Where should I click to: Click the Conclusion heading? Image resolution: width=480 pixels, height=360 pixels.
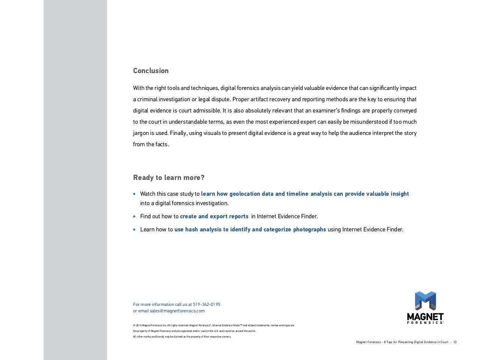(151, 71)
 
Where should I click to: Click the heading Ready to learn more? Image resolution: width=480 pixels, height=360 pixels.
(169, 178)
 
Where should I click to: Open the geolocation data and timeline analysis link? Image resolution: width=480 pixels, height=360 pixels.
(304, 194)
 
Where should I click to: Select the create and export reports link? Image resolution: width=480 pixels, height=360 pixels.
(214, 216)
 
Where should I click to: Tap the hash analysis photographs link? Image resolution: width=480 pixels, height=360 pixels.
(250, 229)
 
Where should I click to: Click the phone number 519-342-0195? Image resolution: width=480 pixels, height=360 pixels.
(207, 304)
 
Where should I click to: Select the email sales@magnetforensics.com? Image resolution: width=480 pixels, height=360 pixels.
(177, 311)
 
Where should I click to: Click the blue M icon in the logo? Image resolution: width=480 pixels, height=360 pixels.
(425, 301)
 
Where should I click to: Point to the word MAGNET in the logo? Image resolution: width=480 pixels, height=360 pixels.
(425, 317)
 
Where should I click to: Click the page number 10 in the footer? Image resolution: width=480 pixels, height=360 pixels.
(455, 342)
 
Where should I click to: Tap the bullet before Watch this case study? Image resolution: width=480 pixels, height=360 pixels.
(135, 194)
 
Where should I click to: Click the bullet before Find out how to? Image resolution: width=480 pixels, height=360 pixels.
(135, 216)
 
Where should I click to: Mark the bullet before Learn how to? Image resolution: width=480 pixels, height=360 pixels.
(135, 229)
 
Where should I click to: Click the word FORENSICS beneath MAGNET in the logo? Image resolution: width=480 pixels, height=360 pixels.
(425, 322)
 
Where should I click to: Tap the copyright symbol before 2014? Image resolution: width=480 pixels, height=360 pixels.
(134, 325)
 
